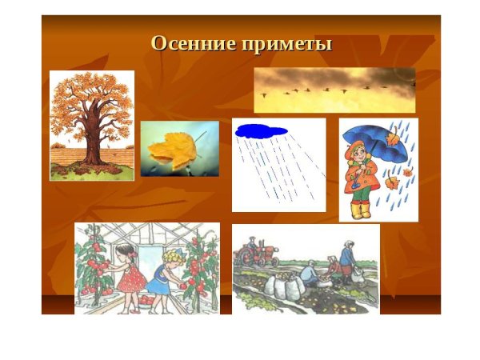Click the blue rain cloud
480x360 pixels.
point(261,130)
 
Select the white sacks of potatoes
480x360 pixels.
point(285,284)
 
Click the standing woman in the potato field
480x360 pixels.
point(346,260)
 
